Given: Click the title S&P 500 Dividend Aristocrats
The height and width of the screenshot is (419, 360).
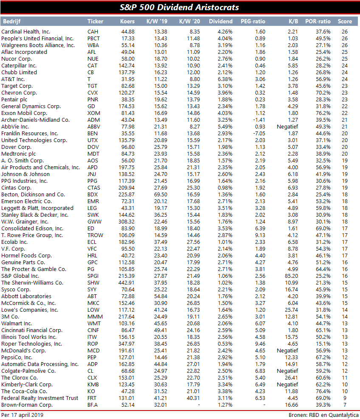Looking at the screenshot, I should point(180,7).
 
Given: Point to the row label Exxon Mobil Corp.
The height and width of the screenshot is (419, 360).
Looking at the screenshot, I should point(24,113).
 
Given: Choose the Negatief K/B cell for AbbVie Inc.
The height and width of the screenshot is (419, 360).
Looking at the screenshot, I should point(287,127).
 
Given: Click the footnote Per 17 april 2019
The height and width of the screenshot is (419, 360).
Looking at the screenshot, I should point(22,415).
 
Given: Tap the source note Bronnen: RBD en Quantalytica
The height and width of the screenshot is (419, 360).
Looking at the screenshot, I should point(323,415).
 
